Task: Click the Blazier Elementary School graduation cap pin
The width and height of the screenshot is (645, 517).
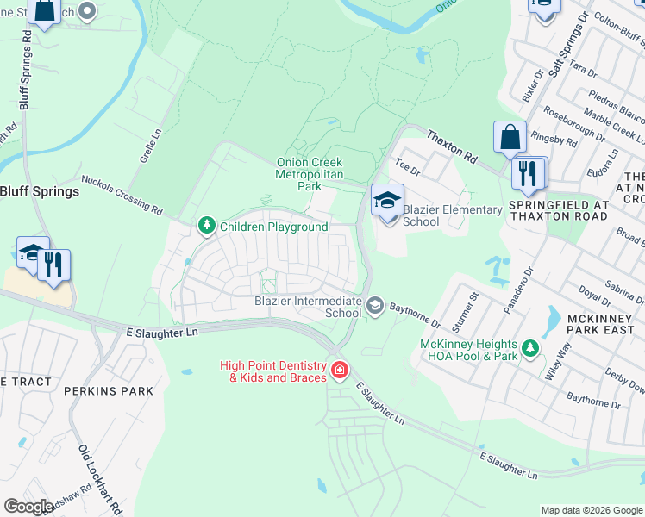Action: (387, 201)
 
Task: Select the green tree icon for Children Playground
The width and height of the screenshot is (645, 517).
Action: (206, 227)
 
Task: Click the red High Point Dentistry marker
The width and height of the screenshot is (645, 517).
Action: (340, 371)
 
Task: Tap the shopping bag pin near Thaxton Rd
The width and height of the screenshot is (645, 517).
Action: (510, 138)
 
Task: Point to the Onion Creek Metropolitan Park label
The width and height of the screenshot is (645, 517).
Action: (310, 174)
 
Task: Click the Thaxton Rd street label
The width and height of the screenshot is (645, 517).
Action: (452, 146)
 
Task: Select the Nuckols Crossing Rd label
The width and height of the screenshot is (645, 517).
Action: (122, 196)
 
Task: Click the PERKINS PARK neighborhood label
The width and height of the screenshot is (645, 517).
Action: (109, 391)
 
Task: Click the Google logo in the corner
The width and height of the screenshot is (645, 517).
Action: (28, 507)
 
